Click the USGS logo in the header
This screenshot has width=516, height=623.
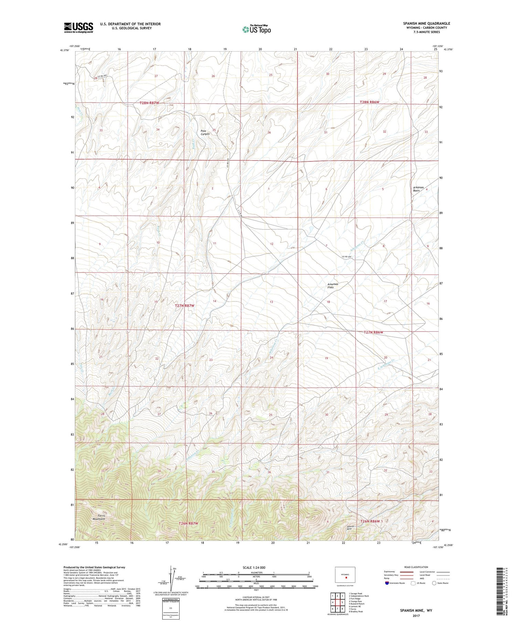(78, 27)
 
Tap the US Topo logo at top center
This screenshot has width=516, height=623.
(256, 29)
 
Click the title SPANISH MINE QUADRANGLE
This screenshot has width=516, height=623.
(427, 23)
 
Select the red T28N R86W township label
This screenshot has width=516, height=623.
(369, 102)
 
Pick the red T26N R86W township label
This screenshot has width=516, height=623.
(370, 521)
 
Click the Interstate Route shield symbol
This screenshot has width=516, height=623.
(387, 583)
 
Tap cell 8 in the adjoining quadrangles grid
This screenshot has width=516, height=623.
(342, 609)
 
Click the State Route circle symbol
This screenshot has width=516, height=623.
(434, 583)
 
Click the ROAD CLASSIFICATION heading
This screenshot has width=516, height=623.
(416, 567)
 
